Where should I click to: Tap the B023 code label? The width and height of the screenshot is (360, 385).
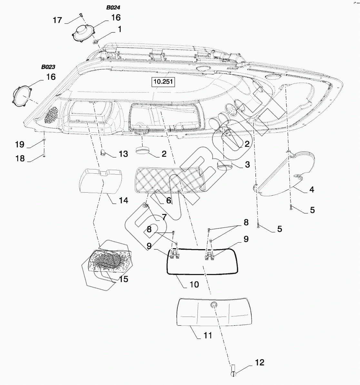48,67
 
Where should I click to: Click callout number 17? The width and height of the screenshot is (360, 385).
57,20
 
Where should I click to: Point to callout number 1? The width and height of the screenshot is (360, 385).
120,29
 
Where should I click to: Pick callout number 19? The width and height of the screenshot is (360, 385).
20,144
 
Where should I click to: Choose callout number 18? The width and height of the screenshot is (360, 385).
20,159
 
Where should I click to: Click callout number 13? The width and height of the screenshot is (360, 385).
123,154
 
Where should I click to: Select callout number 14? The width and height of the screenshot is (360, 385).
123,200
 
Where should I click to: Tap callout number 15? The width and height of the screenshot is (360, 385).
123,279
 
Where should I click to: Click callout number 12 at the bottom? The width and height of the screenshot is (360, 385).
260,362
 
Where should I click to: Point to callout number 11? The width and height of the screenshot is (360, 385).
208,336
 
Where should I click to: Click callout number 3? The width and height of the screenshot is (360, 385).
247,164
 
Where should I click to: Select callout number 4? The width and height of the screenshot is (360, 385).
311,189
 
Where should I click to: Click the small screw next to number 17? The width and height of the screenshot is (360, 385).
80,15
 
